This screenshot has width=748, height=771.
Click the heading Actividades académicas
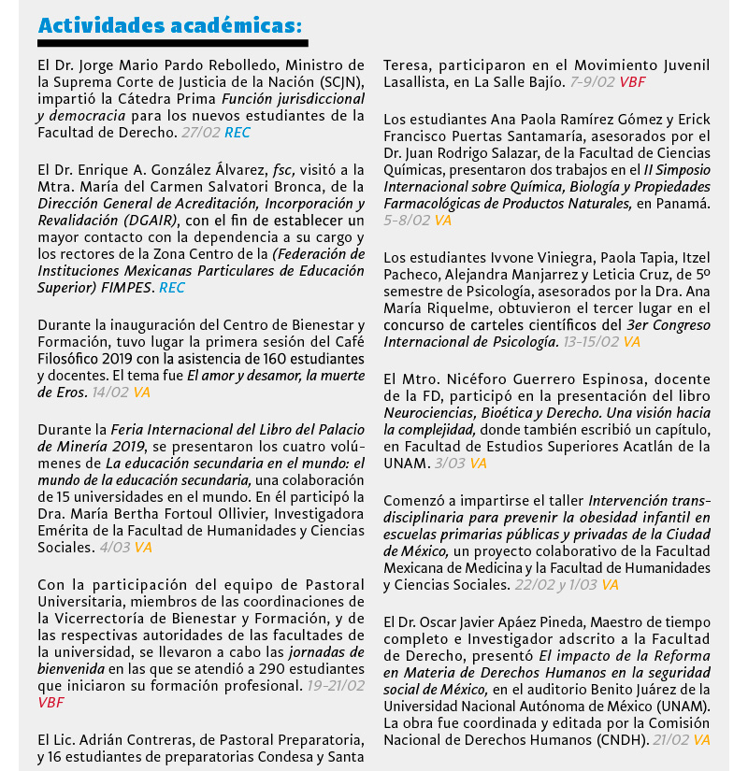pos(170,24)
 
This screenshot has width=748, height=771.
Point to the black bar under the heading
pos(173,43)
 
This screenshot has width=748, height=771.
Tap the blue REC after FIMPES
pos(172,288)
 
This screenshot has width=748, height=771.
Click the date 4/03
pos(116,548)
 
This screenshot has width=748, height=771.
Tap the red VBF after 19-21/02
pos(51,702)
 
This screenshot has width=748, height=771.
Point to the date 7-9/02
pos(593,82)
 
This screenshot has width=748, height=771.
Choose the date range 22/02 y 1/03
pos(555,584)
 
